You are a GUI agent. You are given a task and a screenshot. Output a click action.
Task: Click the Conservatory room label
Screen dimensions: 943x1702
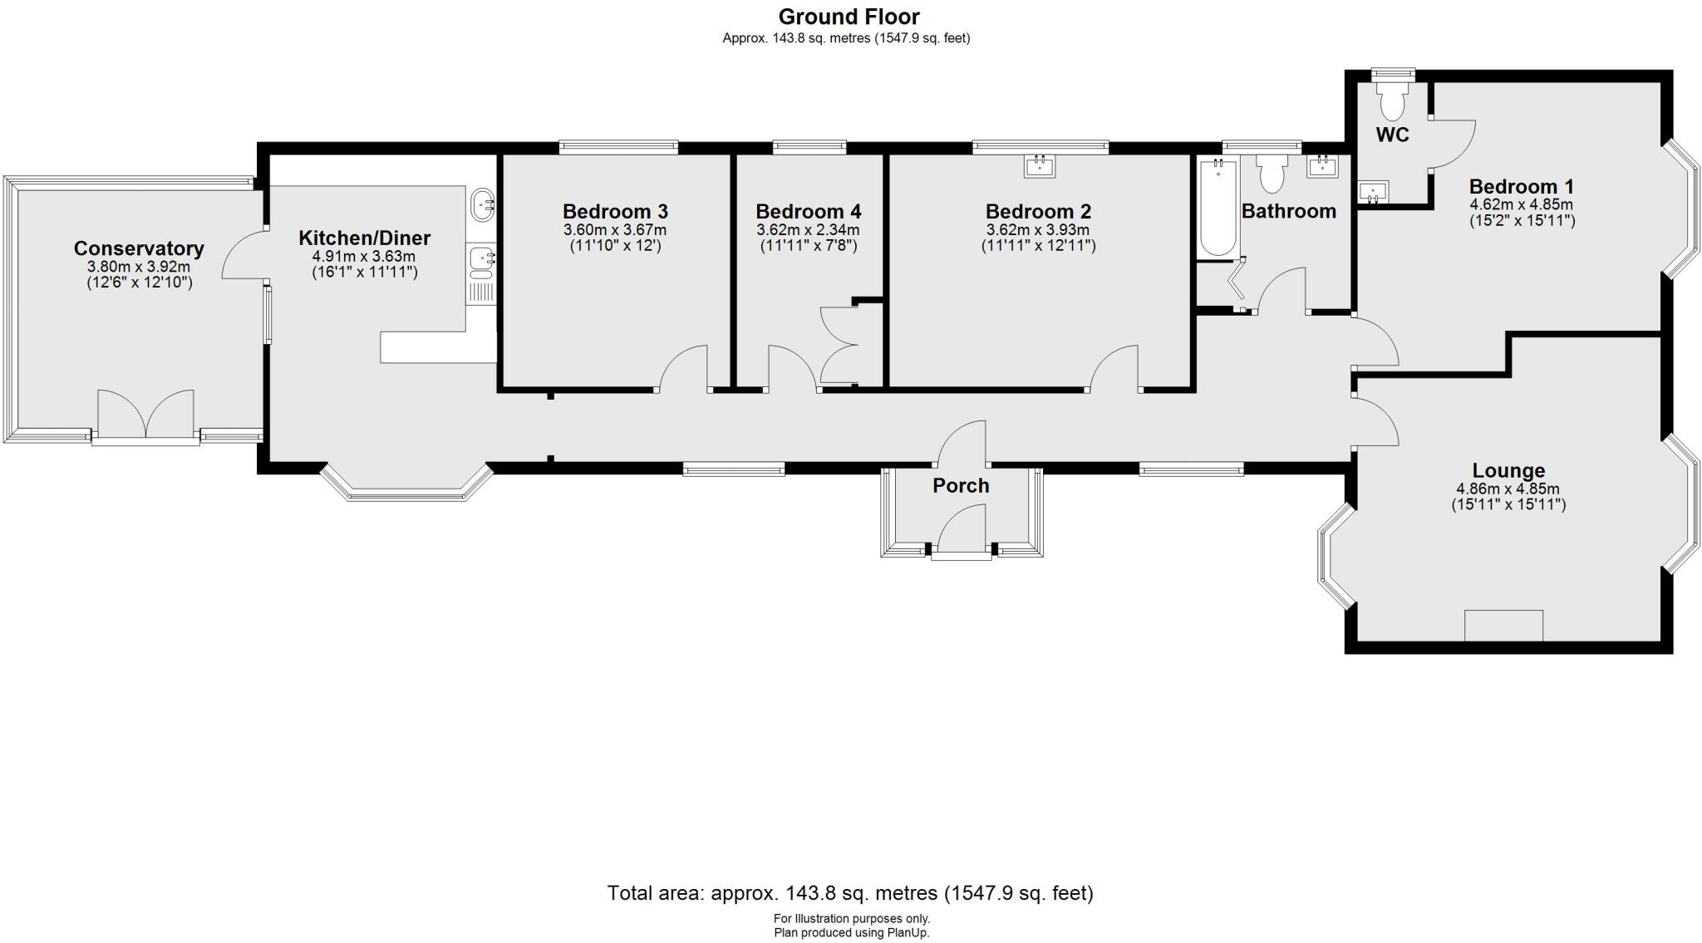(139, 248)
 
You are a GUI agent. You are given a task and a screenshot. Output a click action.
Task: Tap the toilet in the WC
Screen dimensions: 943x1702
(1392, 102)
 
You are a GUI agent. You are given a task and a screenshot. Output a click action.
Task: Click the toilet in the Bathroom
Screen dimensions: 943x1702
(1272, 174)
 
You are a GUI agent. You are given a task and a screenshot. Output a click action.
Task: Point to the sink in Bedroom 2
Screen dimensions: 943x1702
(1040, 167)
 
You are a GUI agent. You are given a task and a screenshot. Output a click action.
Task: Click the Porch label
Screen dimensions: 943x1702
(961, 486)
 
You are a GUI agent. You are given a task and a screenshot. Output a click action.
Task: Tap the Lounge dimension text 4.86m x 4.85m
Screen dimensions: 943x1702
(1508, 489)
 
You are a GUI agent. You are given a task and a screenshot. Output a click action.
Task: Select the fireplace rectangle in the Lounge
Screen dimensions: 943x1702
(1503, 625)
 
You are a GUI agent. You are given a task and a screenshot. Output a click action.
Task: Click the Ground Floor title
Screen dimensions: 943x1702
(849, 17)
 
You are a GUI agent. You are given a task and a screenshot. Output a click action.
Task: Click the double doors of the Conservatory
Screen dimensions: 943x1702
(146, 414)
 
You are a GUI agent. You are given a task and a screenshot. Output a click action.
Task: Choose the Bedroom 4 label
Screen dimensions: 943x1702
(808, 211)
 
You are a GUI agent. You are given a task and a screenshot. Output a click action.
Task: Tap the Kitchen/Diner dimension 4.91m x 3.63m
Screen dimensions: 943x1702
(364, 257)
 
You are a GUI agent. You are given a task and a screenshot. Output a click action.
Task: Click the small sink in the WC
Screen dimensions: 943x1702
(1373, 193)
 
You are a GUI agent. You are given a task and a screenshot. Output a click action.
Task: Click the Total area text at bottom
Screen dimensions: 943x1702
(849, 893)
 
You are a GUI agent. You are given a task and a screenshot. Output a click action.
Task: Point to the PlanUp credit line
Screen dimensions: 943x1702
(851, 933)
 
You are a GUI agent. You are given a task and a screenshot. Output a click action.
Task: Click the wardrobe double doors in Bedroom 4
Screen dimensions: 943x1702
(838, 344)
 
